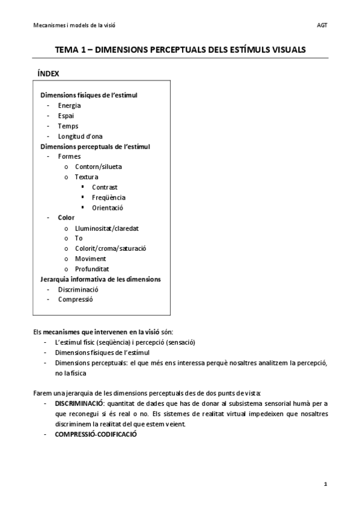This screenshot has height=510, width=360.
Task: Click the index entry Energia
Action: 69,105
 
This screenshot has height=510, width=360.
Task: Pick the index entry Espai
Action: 66,115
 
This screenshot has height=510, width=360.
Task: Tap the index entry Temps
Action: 68,126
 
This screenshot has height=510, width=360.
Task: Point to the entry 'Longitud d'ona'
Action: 80,136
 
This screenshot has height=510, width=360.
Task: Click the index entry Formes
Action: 69,156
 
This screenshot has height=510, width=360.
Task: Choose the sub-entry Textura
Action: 87,177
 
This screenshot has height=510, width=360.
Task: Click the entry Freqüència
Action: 109,197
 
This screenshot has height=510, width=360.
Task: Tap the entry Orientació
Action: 108,207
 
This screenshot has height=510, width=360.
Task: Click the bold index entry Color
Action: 66,218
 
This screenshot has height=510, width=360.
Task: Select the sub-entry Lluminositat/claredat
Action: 107,228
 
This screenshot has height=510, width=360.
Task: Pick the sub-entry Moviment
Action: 90,259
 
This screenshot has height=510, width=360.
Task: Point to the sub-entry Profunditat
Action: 92,269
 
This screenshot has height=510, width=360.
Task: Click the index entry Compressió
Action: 75,300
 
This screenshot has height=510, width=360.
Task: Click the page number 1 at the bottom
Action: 325,484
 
